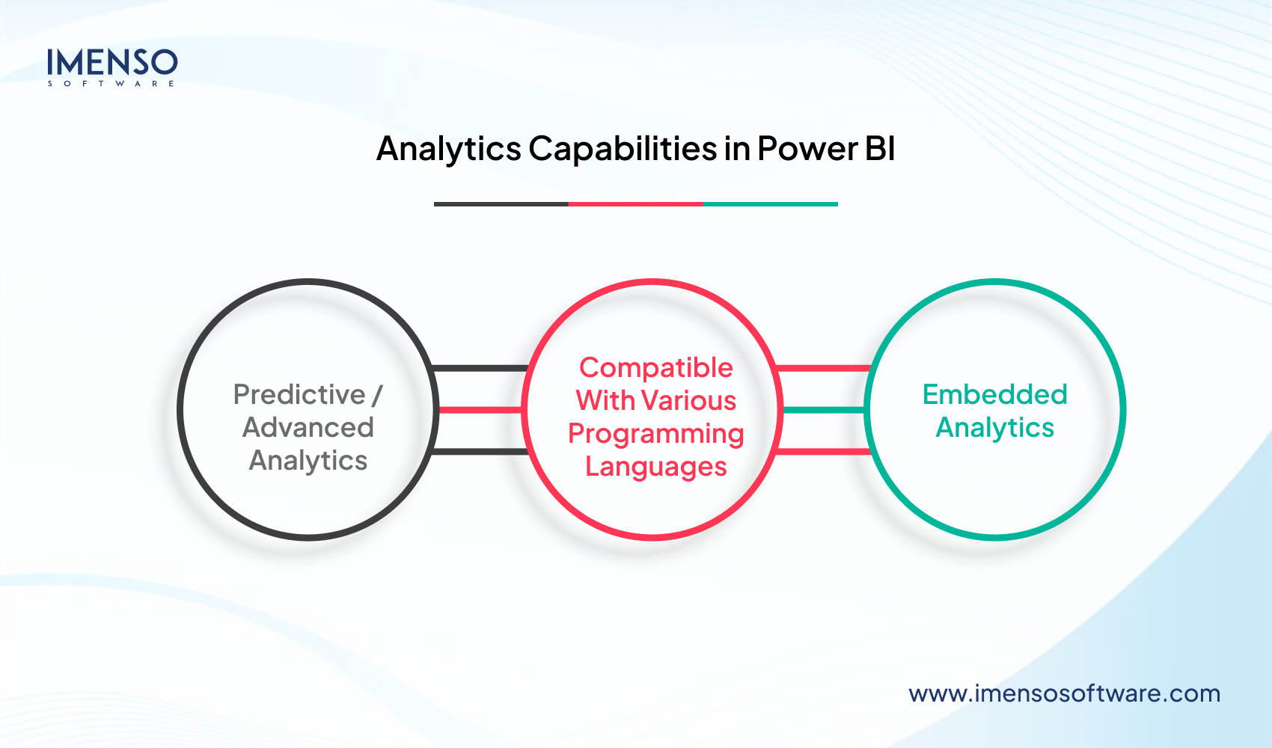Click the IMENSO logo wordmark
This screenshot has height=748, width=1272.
click(x=112, y=62)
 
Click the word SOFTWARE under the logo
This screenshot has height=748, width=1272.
click(x=111, y=84)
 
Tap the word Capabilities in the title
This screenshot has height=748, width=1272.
click(x=623, y=149)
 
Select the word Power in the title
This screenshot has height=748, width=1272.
click(x=807, y=149)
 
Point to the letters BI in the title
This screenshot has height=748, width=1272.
click(x=880, y=149)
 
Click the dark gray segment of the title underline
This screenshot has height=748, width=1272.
click(x=501, y=203)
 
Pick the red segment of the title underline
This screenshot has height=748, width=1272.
click(x=635, y=203)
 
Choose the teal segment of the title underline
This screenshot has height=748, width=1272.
click(x=770, y=203)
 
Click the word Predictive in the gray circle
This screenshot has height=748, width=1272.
click(x=299, y=394)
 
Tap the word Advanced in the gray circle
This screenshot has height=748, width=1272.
click(x=308, y=427)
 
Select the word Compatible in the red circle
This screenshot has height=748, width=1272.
click(x=655, y=368)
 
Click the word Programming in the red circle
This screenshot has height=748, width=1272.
click(x=655, y=434)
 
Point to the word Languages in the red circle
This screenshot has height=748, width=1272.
click(x=655, y=467)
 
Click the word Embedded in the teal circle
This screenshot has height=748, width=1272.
click(x=994, y=394)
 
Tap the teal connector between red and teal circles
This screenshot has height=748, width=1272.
click(x=823, y=410)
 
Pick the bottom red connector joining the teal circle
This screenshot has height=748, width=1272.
click(x=823, y=452)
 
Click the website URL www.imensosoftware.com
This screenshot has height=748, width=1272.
click(x=1064, y=693)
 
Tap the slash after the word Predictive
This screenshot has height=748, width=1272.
click(x=377, y=395)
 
